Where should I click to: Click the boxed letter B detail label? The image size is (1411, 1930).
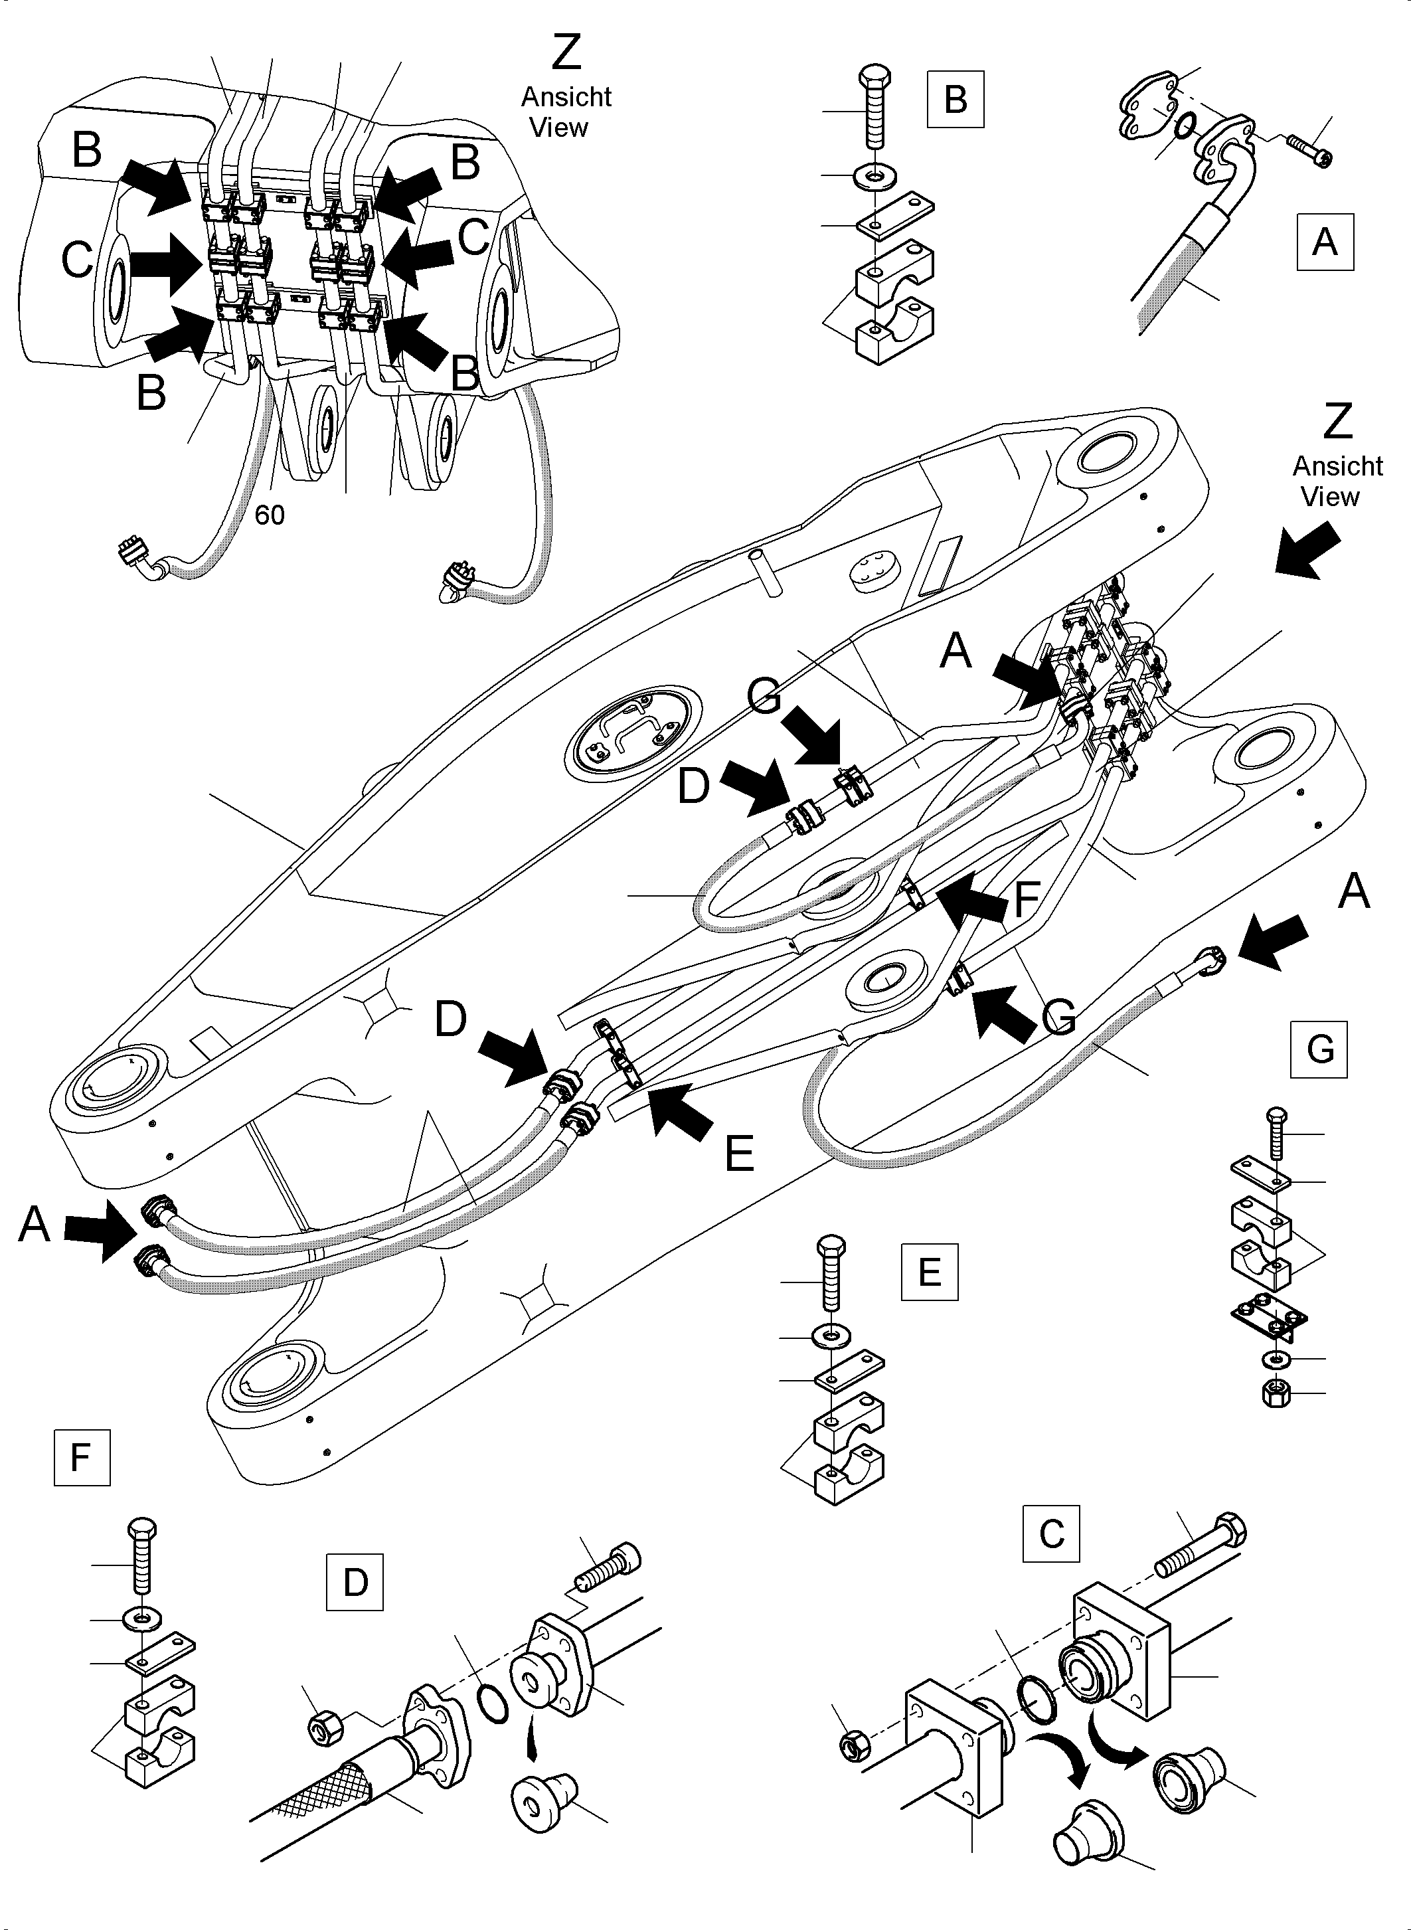tap(955, 99)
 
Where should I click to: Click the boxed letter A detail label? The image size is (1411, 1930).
tap(1325, 242)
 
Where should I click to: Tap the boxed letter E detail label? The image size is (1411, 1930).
tap(930, 1272)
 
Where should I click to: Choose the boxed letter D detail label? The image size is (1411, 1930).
tap(355, 1582)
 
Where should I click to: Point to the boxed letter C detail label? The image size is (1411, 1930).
tap(1050, 1534)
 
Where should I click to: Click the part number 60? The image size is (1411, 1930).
tap(270, 515)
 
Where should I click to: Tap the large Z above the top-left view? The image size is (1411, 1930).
tap(566, 53)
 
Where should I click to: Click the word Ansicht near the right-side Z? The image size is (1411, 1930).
tap(1337, 466)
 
